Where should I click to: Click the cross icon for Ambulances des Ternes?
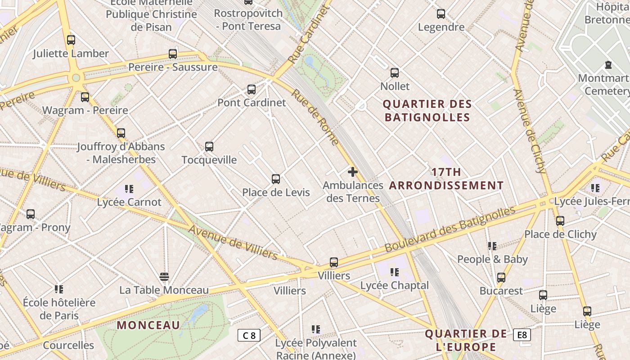[x=353, y=171]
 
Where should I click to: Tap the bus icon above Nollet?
[x=395, y=72]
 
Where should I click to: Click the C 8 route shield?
[x=249, y=335]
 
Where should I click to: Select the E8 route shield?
[x=522, y=335]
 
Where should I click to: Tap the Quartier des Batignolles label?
[x=427, y=111]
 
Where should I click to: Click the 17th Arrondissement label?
[x=446, y=179]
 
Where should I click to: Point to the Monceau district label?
[x=148, y=325]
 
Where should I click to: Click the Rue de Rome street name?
[x=315, y=117]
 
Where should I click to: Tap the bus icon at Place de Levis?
[x=276, y=179]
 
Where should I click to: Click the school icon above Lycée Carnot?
[x=129, y=189]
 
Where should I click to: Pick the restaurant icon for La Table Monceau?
[x=164, y=276]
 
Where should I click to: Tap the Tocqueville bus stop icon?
[x=209, y=146]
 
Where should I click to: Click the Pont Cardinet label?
[x=252, y=103]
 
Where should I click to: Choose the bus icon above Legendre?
[x=441, y=14]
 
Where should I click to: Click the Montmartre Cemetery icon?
[x=608, y=65]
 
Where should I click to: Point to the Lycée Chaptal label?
[x=395, y=285]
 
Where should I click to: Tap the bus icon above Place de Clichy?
[x=560, y=221]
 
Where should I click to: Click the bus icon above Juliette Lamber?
[x=71, y=40]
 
